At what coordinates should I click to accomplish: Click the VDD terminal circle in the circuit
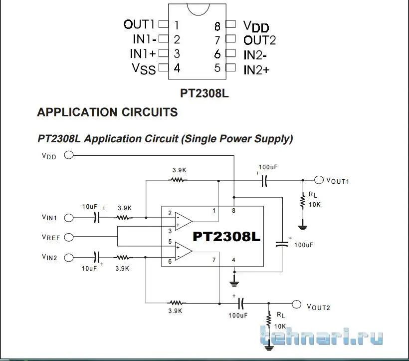[69, 155]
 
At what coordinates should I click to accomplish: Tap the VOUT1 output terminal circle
[319, 180]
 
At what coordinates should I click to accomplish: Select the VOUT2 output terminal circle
[297, 304]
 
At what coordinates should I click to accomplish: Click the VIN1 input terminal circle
[69, 218]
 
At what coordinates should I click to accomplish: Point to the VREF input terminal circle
[69, 237]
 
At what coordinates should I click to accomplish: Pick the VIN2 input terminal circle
[69, 257]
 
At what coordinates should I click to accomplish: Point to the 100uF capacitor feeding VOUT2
[241, 303]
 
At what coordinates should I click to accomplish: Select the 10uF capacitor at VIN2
[97, 257]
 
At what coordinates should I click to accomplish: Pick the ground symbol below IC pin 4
[233, 283]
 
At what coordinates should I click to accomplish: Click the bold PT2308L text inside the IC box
[226, 237]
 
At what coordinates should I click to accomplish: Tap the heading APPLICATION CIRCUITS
[107, 112]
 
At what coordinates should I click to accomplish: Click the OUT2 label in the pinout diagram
[259, 40]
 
